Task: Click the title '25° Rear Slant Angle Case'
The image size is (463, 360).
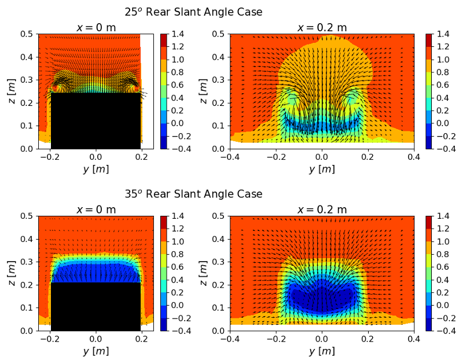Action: click(x=193, y=12)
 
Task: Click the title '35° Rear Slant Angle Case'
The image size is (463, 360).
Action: click(x=193, y=193)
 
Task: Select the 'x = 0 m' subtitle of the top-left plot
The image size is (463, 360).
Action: click(x=96, y=27)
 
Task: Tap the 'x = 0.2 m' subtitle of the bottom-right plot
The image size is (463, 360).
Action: click(x=322, y=209)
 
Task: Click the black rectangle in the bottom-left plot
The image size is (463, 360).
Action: click(x=96, y=306)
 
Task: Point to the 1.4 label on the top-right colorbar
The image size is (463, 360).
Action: click(x=443, y=34)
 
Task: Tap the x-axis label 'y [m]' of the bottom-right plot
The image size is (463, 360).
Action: click(x=322, y=351)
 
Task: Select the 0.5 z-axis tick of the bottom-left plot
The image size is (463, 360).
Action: click(x=27, y=216)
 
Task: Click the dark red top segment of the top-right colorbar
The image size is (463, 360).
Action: click(x=429, y=40)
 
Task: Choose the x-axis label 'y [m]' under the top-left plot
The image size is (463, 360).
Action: click(x=96, y=169)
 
